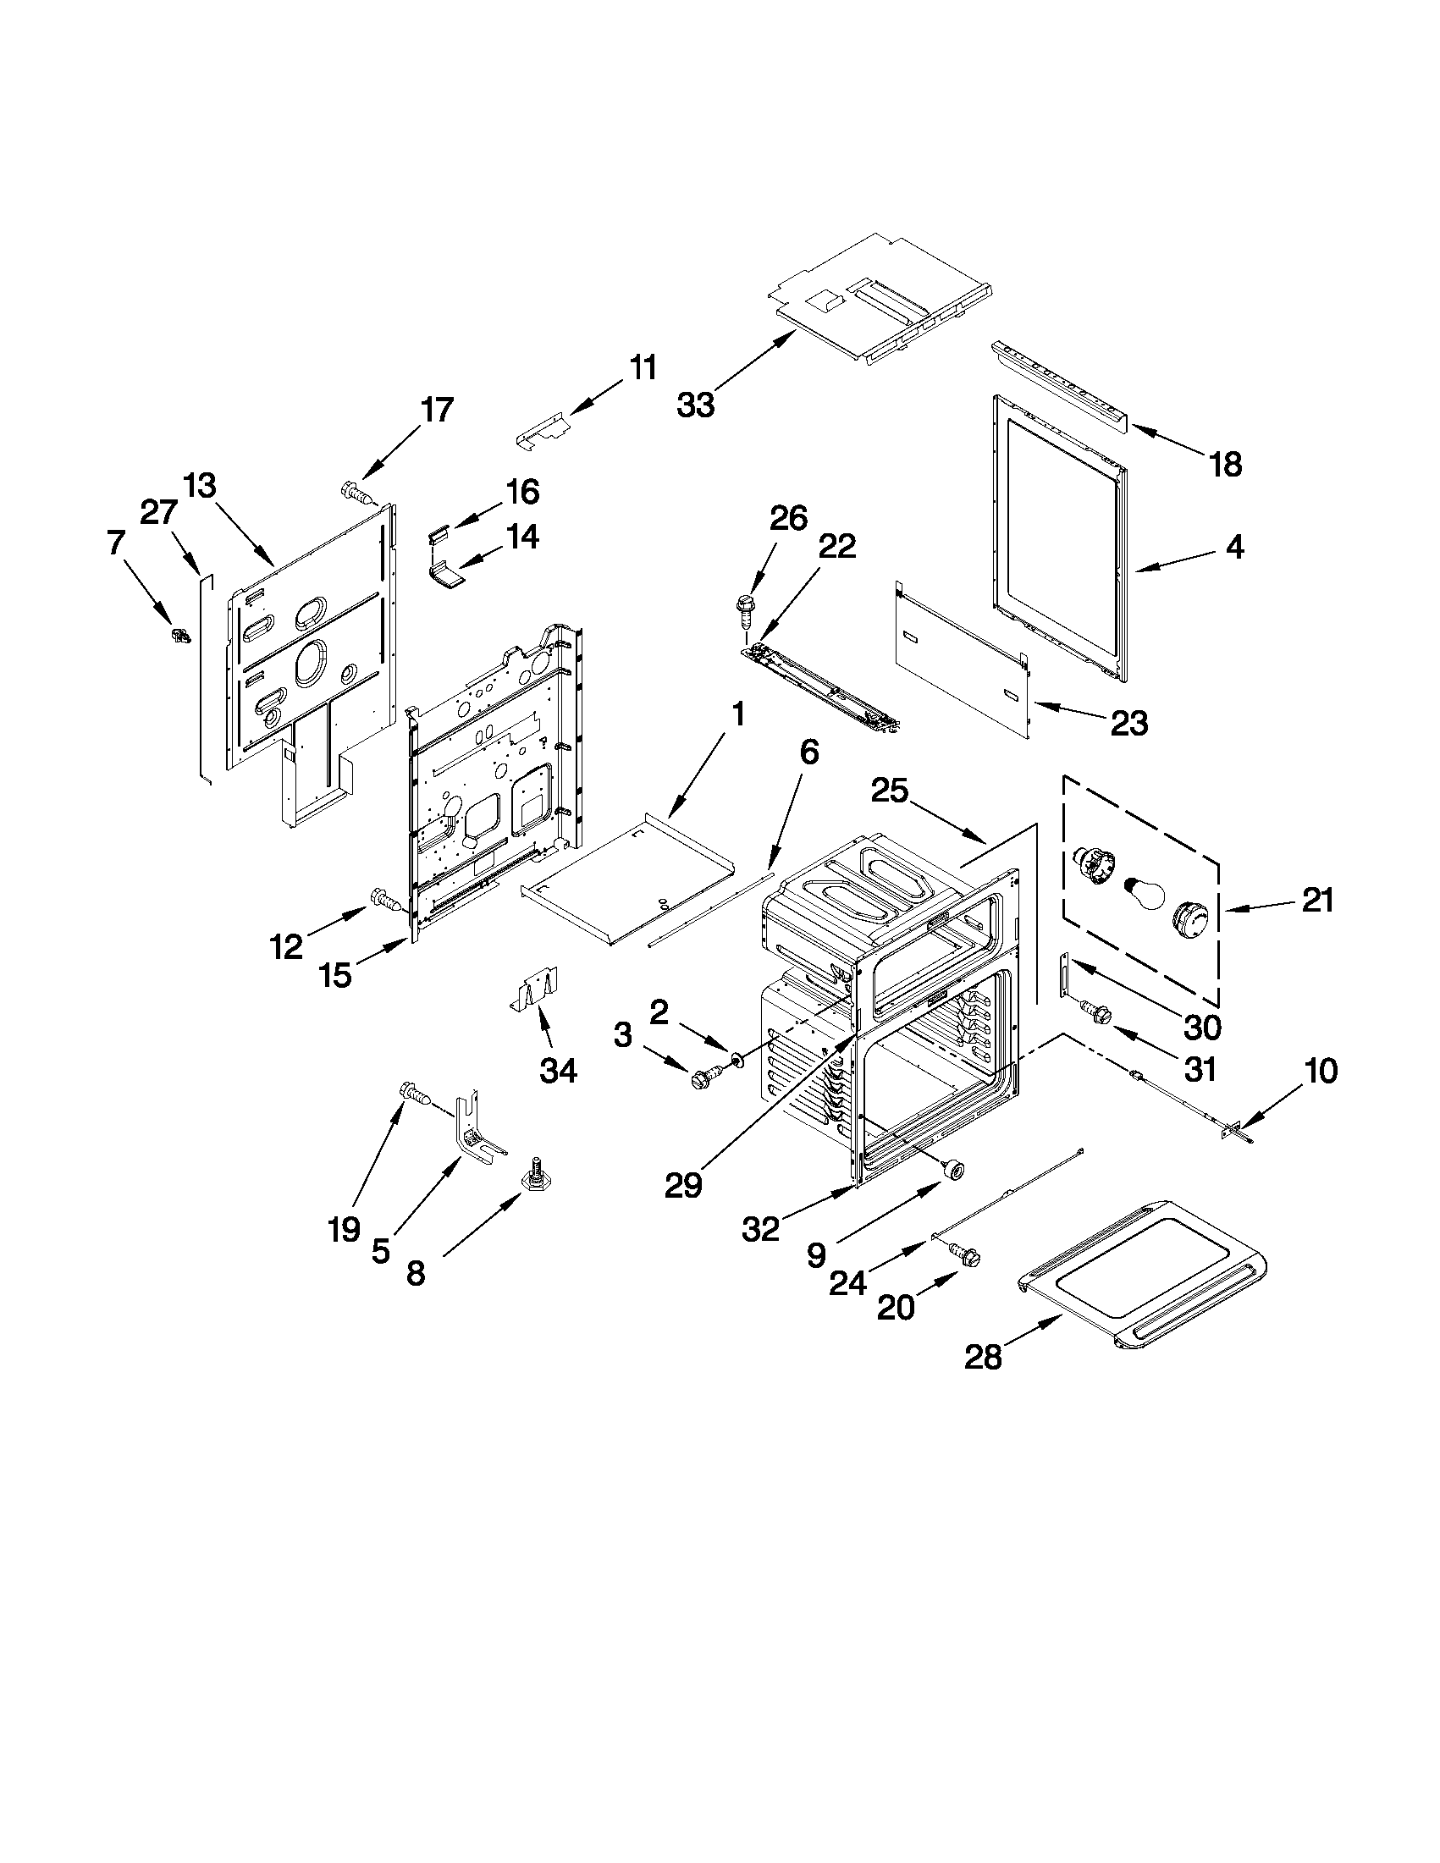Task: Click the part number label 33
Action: point(695,405)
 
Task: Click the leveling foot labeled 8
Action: point(539,1176)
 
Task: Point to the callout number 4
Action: point(1234,546)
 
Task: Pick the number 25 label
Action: point(891,791)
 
